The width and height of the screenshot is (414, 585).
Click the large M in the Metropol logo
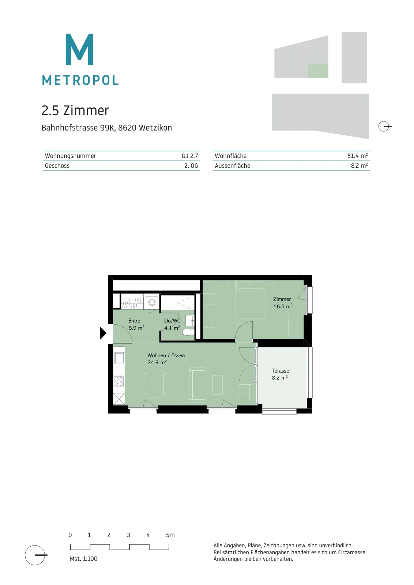click(x=79, y=49)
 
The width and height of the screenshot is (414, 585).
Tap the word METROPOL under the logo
click(x=80, y=80)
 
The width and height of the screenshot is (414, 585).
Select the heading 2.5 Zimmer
click(x=75, y=110)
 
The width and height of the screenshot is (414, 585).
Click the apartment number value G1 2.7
click(x=190, y=156)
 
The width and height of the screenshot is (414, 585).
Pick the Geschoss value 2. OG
click(x=191, y=166)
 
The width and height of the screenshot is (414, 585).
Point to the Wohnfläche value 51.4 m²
click(x=358, y=156)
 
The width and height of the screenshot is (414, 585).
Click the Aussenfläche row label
click(x=233, y=166)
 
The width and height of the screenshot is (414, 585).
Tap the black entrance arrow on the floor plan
click(x=103, y=333)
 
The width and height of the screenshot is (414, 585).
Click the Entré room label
click(x=134, y=321)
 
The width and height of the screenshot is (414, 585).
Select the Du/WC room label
click(x=172, y=321)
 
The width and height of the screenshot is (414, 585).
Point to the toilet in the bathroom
click(x=188, y=332)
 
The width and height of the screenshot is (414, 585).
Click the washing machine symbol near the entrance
click(x=152, y=302)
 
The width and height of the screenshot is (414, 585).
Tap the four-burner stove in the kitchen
click(x=119, y=381)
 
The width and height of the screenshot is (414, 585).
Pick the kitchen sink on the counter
click(x=119, y=358)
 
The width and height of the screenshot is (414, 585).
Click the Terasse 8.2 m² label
click(x=280, y=374)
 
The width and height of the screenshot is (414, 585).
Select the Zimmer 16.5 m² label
click(x=283, y=303)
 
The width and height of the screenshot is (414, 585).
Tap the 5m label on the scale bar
click(x=170, y=535)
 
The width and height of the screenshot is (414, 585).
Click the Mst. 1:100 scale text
click(x=84, y=559)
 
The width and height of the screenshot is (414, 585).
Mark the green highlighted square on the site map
click(x=318, y=71)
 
